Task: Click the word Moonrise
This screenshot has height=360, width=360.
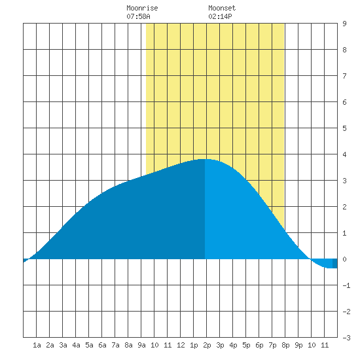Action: [142, 8]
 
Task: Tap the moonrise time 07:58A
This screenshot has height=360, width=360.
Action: [138, 16]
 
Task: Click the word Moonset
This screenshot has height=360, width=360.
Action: [222, 8]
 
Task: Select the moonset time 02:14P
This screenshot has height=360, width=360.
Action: [220, 16]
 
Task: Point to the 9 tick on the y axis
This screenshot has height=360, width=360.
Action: [344, 24]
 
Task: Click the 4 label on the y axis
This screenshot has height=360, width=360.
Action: [344, 154]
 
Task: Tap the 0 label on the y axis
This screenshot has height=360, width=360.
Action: [344, 259]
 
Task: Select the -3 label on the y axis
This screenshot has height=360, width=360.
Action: [346, 338]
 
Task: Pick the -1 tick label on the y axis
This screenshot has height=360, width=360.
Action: [346, 285]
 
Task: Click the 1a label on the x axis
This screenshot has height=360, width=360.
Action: [37, 345]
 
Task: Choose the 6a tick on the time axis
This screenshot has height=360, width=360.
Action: [102, 345]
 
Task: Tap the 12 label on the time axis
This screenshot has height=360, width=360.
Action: [181, 345]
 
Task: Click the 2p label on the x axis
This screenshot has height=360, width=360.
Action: [207, 345]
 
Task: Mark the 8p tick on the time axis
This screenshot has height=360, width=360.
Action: [285, 345]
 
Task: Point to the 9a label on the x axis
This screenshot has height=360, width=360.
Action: [141, 345]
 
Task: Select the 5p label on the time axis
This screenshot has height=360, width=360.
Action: [246, 345]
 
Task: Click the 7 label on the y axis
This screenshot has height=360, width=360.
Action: [344, 76]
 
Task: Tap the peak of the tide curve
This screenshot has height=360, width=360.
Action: [204, 159]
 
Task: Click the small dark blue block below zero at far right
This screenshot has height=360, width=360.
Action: [334, 263]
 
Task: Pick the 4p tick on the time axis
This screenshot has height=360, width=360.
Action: [233, 345]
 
